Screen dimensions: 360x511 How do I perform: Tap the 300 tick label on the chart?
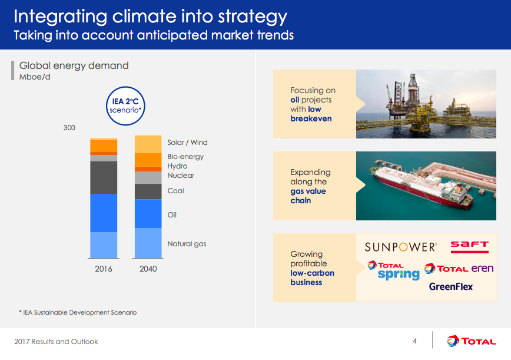(69, 128)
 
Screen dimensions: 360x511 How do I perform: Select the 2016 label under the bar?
(104, 269)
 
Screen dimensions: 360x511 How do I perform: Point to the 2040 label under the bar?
(148, 269)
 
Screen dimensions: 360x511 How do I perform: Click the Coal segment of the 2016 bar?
(104, 177)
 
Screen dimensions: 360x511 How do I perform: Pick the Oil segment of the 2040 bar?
(148, 213)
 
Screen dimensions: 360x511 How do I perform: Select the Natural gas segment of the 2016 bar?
(104, 245)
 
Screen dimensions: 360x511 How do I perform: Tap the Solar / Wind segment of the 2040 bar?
(148, 144)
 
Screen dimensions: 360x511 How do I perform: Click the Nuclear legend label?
(181, 176)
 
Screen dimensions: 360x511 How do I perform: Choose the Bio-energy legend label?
(185, 157)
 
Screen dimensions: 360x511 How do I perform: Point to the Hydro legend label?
(177, 166)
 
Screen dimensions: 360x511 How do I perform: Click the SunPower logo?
(400, 247)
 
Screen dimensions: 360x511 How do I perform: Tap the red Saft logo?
(469, 245)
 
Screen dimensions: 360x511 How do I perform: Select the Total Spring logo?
(394, 270)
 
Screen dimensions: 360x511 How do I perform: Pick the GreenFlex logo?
(450, 287)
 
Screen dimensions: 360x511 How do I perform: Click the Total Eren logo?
(459, 269)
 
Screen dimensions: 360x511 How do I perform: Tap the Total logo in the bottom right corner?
(471, 341)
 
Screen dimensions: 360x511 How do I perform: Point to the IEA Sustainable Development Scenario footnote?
(77, 312)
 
